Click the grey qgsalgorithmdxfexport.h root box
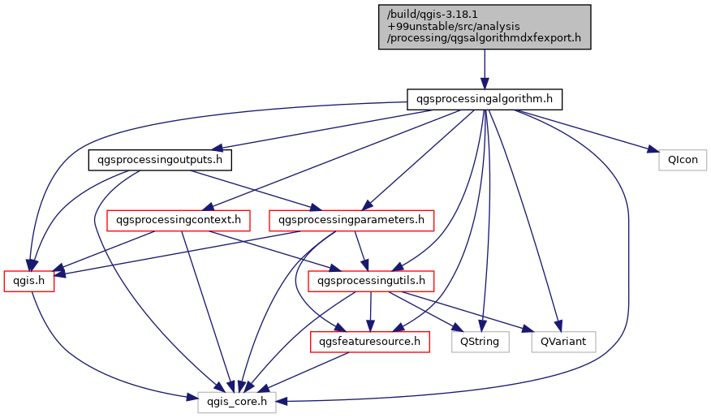[485, 26]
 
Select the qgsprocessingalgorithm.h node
[485, 100]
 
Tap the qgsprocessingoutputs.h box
[160, 160]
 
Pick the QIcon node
[683, 160]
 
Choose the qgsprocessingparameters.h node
[351, 220]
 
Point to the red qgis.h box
[29, 281]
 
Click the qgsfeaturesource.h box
[370, 342]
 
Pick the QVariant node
[563, 342]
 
